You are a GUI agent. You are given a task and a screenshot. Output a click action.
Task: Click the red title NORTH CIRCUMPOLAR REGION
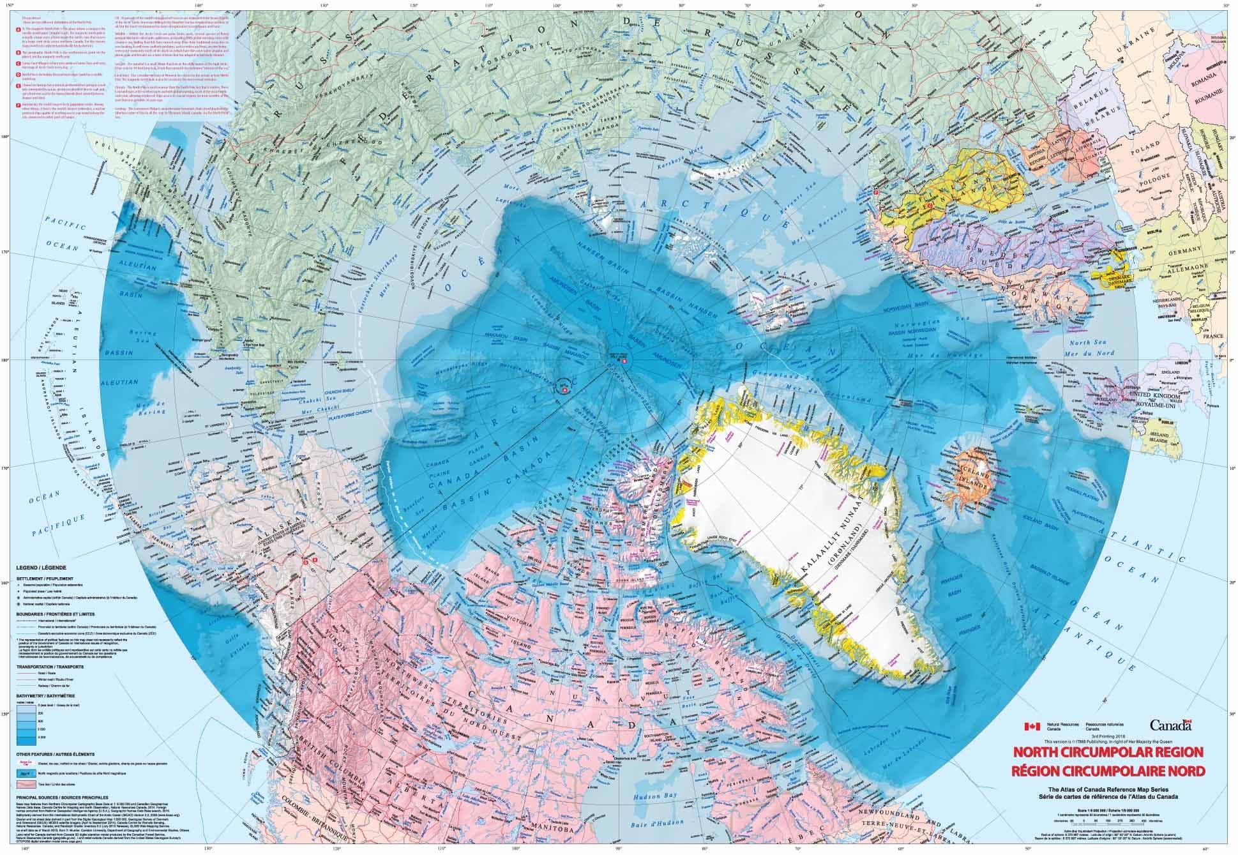[x=1105, y=752]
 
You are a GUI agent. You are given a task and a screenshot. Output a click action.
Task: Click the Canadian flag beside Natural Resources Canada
[x=1032, y=727]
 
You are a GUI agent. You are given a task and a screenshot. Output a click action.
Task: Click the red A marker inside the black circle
[x=564, y=385]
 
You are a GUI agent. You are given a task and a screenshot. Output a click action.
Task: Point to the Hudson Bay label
[x=648, y=798]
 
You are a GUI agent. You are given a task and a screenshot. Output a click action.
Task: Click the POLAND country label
[x=1152, y=155]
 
